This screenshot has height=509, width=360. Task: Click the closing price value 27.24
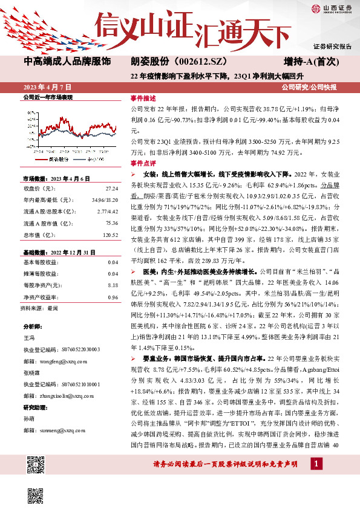click(111, 188)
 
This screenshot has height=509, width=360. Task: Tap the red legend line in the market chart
click(39, 158)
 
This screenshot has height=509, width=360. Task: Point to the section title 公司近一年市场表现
click(47, 97)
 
